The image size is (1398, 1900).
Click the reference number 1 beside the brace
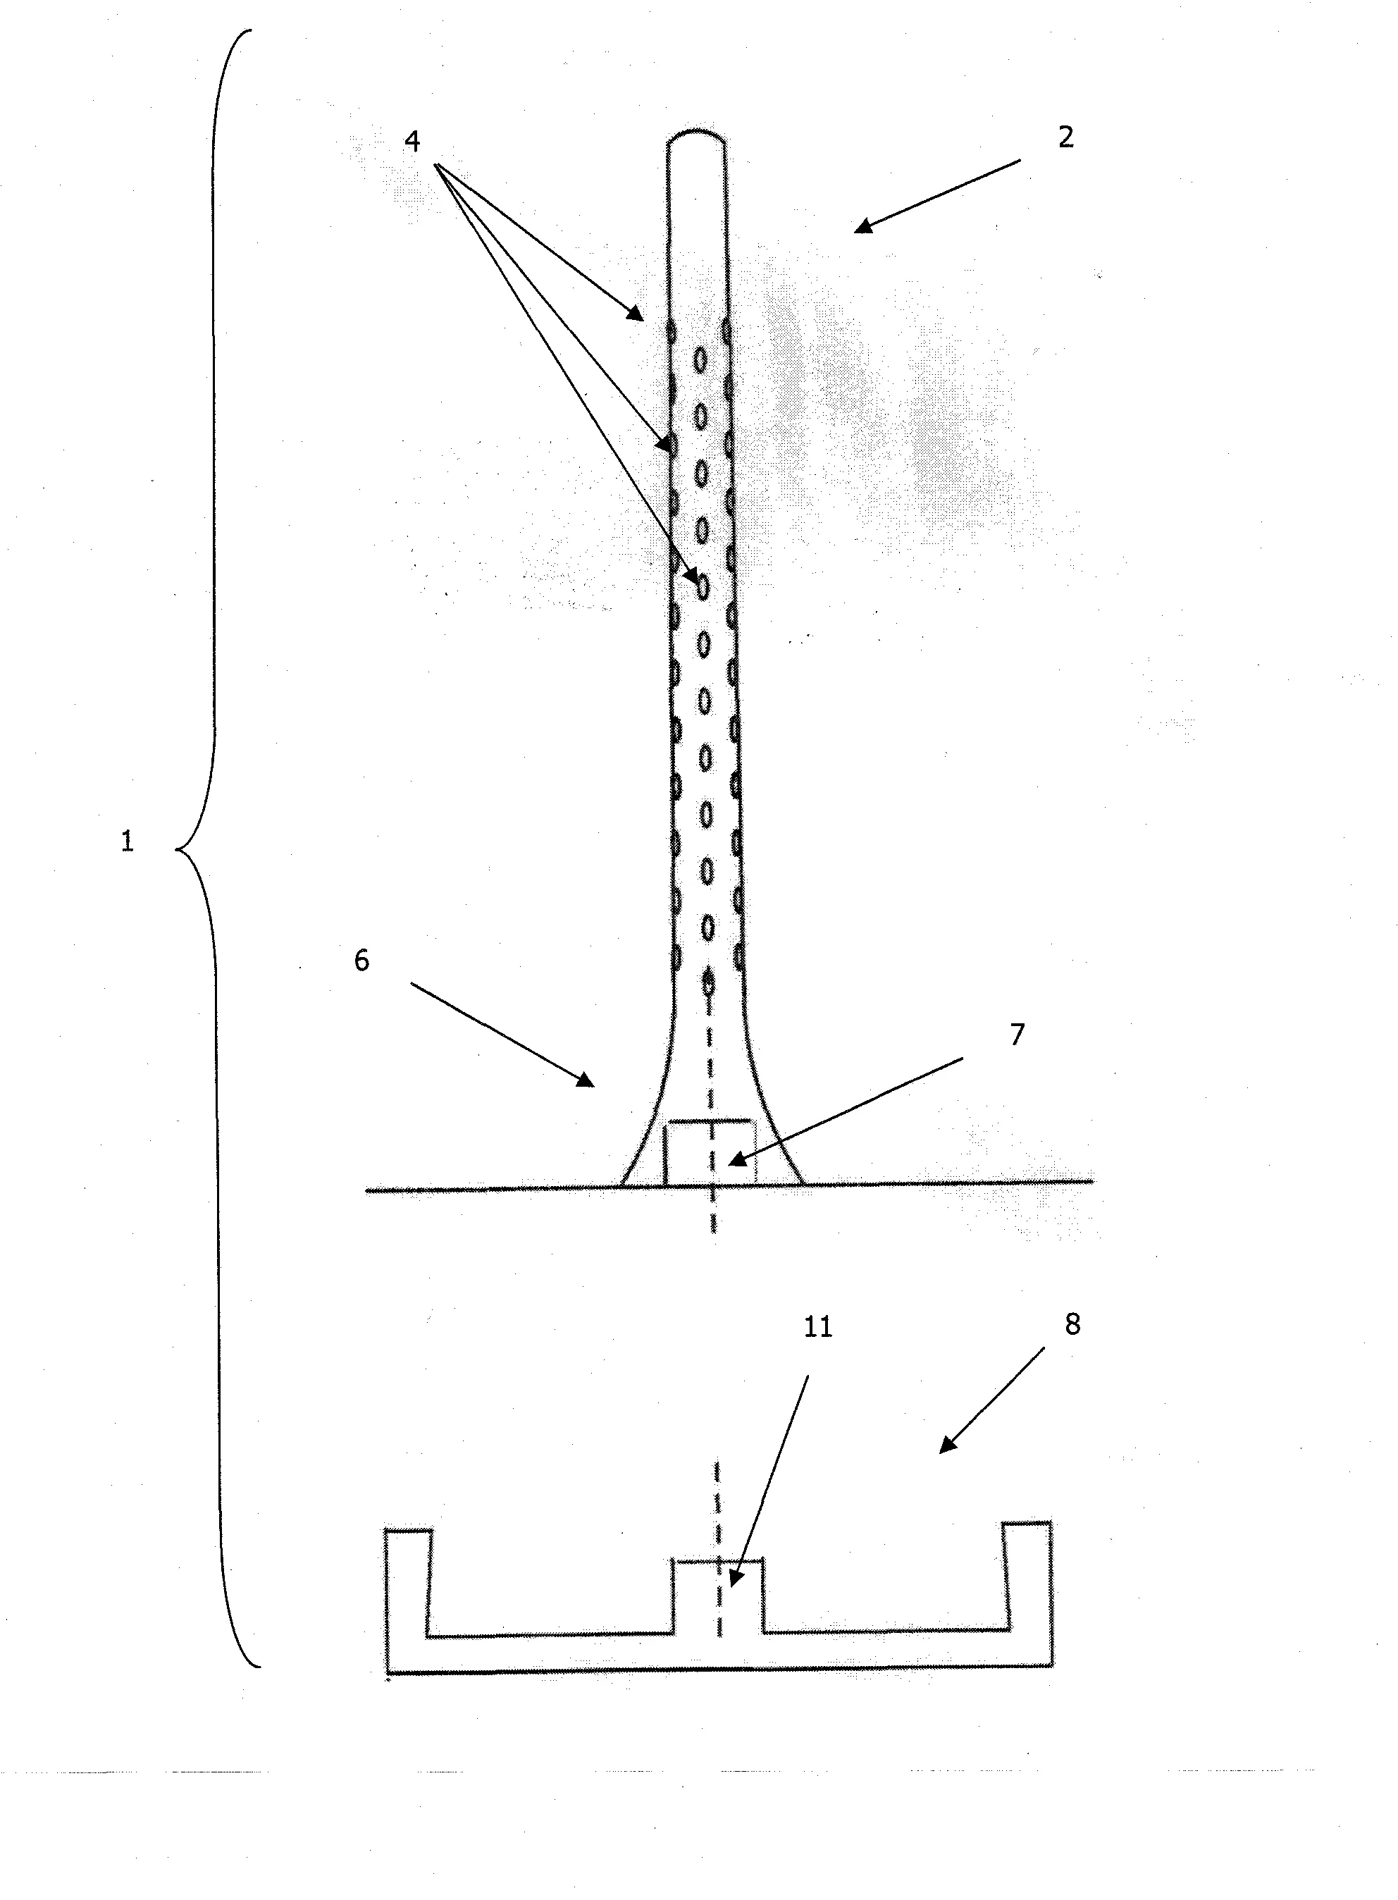click(127, 842)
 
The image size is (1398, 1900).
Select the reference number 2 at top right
click(1065, 137)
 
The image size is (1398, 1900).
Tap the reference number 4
click(412, 140)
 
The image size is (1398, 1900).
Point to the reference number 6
click(361, 961)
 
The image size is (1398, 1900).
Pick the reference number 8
click(1072, 1324)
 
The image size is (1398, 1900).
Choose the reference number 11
click(817, 1327)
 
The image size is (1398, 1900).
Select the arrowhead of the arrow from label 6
click(586, 1081)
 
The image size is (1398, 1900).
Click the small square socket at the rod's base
click(709, 1154)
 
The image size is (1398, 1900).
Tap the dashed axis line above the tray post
click(717, 1507)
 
